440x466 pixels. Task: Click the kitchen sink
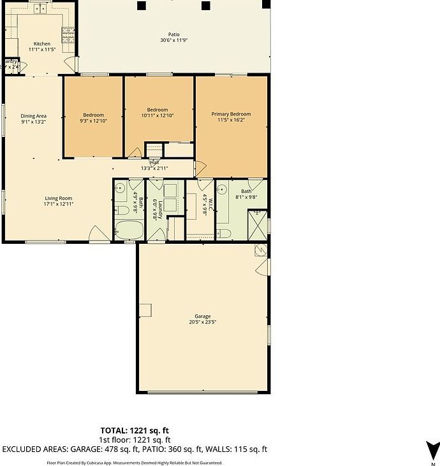coord(40,9)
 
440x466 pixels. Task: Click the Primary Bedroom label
coord(231,114)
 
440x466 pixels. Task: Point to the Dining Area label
coord(34,115)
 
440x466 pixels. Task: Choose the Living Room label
coord(58,198)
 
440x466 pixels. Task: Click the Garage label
coord(203,316)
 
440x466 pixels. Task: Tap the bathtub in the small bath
coord(129,230)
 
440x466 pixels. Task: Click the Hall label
coord(154,162)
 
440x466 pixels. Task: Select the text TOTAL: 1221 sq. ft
coord(135,431)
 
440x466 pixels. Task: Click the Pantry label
coord(10,61)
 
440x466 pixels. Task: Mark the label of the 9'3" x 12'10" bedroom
coord(92,115)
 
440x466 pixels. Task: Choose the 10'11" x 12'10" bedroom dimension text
coord(157,115)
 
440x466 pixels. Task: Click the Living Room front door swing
coord(99,234)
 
